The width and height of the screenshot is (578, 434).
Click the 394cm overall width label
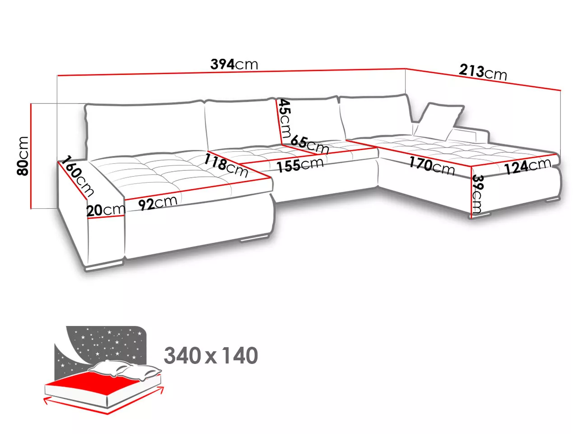pyautogui.click(x=234, y=64)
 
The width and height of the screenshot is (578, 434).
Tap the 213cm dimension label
pyautogui.click(x=483, y=72)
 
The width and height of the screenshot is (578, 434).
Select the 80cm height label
pyautogui.click(x=23, y=156)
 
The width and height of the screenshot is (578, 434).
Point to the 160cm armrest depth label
pyautogui.click(x=77, y=176)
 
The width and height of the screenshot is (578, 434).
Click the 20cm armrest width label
pyautogui.click(x=106, y=210)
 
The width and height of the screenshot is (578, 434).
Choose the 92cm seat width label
pyautogui.click(x=158, y=203)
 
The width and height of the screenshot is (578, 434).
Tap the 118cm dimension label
pyautogui.click(x=226, y=165)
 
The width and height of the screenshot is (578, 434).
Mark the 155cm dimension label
pyautogui.click(x=300, y=165)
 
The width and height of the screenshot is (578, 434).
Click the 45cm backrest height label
pyautogui.click(x=285, y=118)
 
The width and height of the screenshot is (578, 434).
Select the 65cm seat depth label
pyautogui.click(x=310, y=144)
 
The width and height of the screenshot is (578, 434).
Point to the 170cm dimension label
pyautogui.click(x=432, y=166)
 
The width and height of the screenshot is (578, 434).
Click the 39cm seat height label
pyautogui.click(x=477, y=193)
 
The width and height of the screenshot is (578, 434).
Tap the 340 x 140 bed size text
pyautogui.click(x=211, y=356)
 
